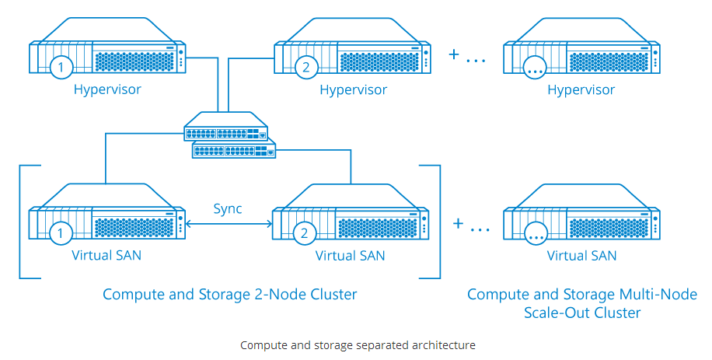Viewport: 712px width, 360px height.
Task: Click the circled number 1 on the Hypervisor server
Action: (x=61, y=67)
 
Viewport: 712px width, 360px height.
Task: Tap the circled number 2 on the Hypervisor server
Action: (x=306, y=67)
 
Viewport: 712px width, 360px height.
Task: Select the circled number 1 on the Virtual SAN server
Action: (x=61, y=233)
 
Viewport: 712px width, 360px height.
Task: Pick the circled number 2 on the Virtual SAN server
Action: (x=304, y=233)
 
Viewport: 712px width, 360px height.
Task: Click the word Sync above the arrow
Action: (x=228, y=209)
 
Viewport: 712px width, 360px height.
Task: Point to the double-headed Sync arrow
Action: (x=229, y=223)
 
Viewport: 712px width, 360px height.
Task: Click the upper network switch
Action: (x=225, y=126)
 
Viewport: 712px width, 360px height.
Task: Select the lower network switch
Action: (x=234, y=149)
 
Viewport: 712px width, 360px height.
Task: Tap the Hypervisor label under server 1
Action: (x=107, y=90)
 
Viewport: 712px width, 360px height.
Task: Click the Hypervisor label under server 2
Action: (x=353, y=90)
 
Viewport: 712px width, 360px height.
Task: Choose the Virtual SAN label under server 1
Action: (x=106, y=255)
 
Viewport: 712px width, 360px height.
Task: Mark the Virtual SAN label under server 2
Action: (x=350, y=256)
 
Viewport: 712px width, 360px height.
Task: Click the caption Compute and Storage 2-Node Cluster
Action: (x=230, y=295)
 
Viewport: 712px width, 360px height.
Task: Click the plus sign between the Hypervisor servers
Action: (x=454, y=54)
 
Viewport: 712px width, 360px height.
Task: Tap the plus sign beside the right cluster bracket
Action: (x=458, y=223)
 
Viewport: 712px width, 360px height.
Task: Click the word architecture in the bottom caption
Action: (x=444, y=345)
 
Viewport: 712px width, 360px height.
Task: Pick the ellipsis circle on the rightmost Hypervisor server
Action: (x=535, y=68)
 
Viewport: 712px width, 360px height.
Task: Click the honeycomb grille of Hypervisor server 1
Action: (x=134, y=61)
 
